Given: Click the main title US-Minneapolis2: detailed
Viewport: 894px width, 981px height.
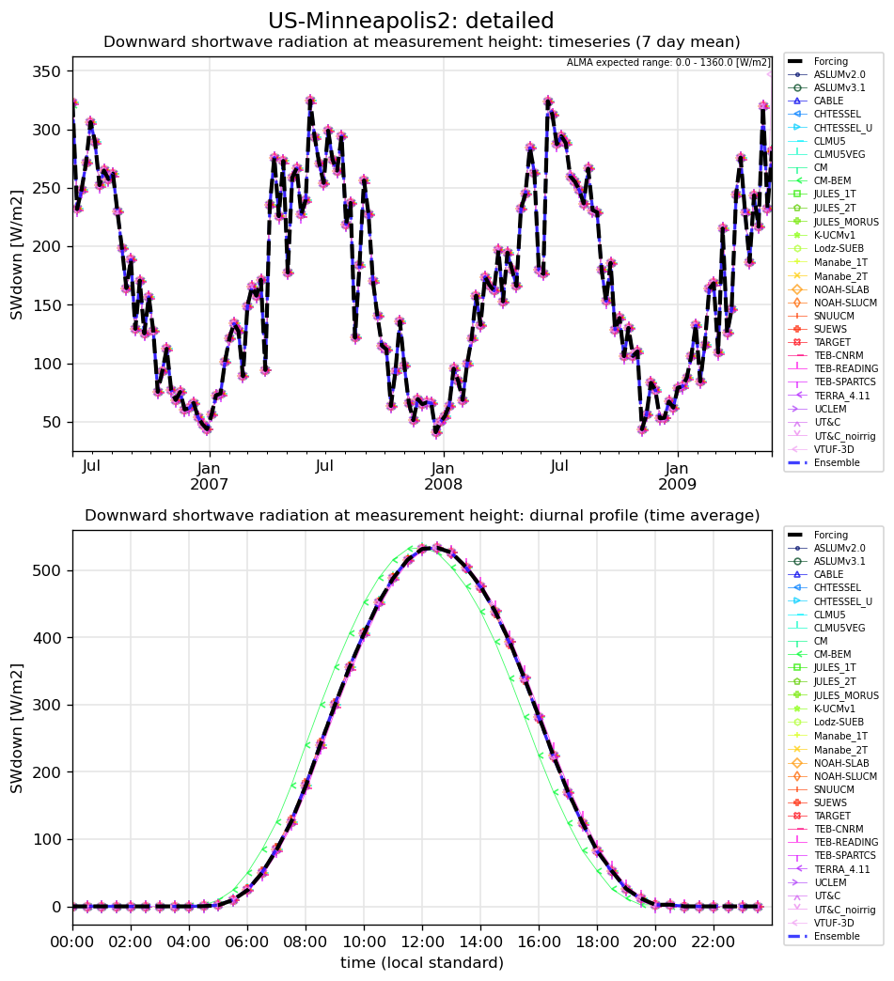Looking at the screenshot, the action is click(x=411, y=21).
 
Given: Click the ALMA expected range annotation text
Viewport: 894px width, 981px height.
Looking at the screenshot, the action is click(x=668, y=63).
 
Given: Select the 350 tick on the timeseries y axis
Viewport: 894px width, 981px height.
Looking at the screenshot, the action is click(x=47, y=72).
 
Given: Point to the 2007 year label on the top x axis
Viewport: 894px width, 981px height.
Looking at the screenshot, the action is click(x=209, y=484).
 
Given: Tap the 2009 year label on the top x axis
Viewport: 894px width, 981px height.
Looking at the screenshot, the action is click(x=677, y=484).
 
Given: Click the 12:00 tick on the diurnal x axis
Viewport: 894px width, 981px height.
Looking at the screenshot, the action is click(x=422, y=942).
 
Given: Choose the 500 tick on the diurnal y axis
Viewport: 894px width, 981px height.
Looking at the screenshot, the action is click(x=47, y=570).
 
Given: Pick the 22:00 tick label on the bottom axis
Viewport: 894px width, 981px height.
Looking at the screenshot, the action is click(x=714, y=942).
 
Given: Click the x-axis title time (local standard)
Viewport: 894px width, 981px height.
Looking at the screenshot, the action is click(x=422, y=962).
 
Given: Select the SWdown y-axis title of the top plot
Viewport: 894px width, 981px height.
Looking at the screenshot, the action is click(x=17, y=256).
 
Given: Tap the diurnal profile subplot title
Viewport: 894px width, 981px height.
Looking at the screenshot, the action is click(x=422, y=516).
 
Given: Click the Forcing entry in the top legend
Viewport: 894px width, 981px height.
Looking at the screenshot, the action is click(x=831, y=61).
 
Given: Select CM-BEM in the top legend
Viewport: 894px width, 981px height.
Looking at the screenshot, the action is click(x=832, y=180).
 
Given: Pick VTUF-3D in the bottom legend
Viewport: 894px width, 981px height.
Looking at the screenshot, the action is click(x=834, y=923).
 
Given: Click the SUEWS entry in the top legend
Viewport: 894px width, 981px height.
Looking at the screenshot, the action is click(x=830, y=329).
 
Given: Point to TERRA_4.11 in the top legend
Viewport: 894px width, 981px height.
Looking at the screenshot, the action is click(x=841, y=396).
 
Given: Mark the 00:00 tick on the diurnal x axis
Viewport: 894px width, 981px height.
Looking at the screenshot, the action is click(x=72, y=942).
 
